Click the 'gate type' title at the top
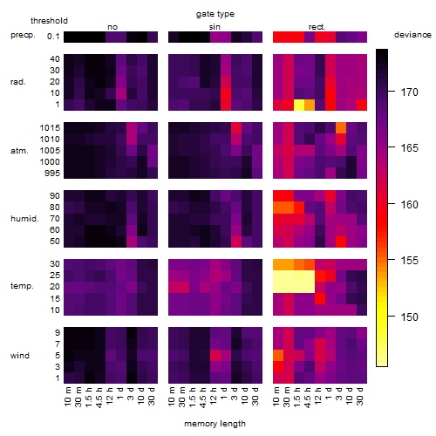(215, 14)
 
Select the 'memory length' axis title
(215, 424)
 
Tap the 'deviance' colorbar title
(412, 35)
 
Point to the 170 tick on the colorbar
(392, 92)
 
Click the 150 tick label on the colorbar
(409, 317)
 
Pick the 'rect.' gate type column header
(317, 27)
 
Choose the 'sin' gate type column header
(215, 27)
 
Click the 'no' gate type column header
(112, 27)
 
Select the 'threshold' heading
(49, 21)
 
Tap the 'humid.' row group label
(24, 219)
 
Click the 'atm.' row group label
(19, 151)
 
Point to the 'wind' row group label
(20, 356)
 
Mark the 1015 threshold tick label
(50, 128)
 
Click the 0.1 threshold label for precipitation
(53, 37)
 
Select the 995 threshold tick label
(52, 174)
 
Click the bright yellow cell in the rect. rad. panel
(299, 105)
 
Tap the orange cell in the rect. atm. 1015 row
(341, 128)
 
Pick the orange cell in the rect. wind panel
(278, 355)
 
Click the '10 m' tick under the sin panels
(173, 397)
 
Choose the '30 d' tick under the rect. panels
(361, 396)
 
